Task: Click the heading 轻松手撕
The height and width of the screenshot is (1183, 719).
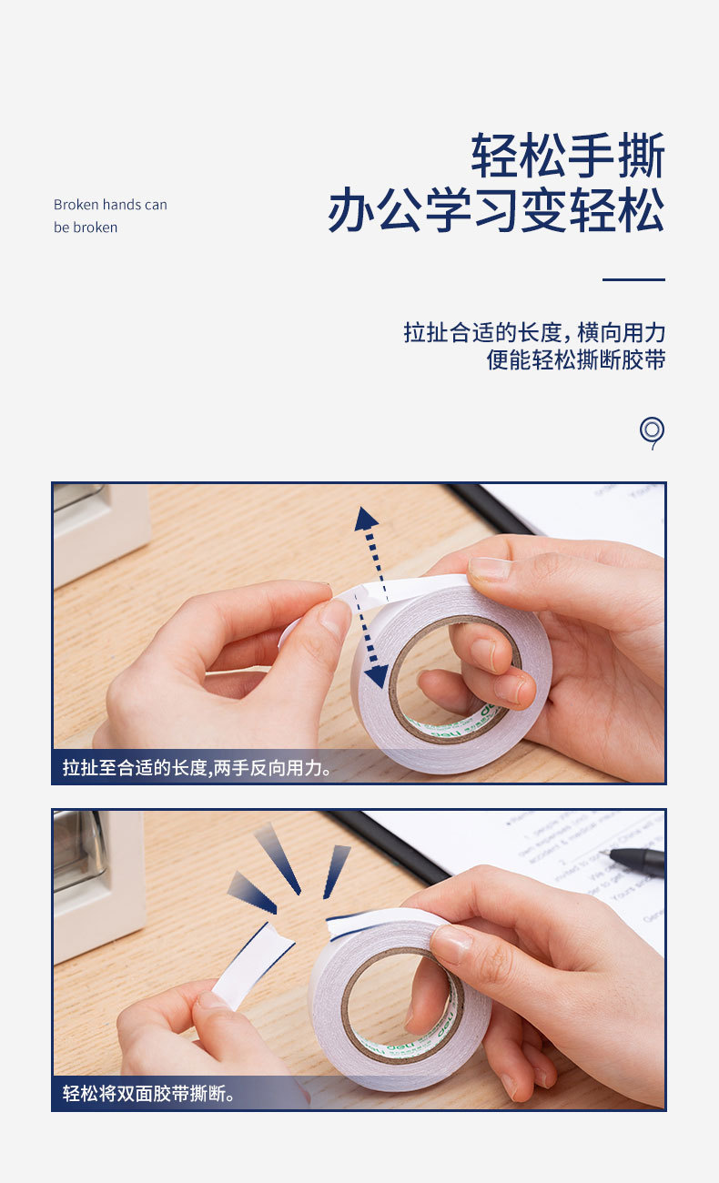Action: (567, 156)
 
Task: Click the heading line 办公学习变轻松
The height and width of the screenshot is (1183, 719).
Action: (496, 211)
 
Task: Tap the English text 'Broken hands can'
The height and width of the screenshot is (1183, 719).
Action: (110, 205)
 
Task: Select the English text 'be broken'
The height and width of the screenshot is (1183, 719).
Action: (86, 227)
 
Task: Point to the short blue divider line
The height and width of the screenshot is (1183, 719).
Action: (633, 279)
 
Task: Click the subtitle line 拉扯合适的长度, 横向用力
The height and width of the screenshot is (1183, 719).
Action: (534, 332)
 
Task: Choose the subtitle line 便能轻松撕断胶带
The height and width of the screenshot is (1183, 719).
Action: (575, 359)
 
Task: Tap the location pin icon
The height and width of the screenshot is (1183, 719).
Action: (652, 431)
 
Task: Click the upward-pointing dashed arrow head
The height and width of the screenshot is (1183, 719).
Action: (367, 519)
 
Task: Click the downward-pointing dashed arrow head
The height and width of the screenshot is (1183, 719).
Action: (376, 675)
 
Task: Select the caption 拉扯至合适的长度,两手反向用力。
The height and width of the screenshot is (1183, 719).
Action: (197, 768)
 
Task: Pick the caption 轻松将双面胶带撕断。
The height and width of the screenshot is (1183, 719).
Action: (149, 1093)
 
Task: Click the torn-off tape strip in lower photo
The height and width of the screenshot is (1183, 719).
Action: (254, 963)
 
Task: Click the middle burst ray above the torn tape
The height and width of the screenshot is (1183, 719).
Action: (278, 858)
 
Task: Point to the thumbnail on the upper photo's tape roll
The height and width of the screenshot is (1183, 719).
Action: (491, 570)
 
